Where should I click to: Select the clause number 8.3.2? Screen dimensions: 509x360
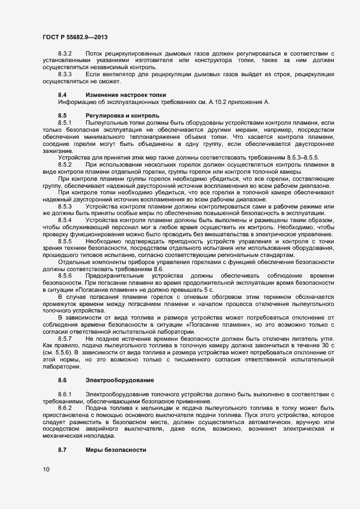[x=65, y=53]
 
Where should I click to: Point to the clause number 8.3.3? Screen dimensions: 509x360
[x=65, y=73]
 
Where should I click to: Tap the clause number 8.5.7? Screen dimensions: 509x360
[x=65, y=339]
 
